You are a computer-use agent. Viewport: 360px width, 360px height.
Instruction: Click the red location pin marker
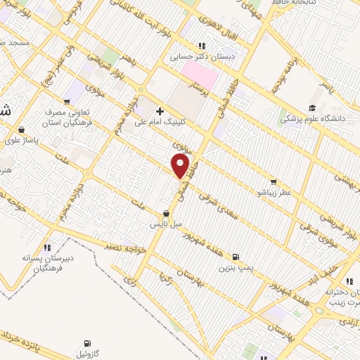point(181,167)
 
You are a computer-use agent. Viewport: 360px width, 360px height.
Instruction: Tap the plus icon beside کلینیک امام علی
point(160,111)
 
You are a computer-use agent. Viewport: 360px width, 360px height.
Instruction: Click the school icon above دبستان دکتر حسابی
point(202,46)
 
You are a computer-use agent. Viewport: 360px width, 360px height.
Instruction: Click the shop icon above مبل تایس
point(166,214)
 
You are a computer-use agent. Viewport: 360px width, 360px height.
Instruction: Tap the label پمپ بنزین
point(234,268)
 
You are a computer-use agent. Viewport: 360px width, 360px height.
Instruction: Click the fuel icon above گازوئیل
point(83,345)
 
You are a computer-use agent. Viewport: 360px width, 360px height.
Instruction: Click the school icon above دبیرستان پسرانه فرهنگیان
point(46,247)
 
